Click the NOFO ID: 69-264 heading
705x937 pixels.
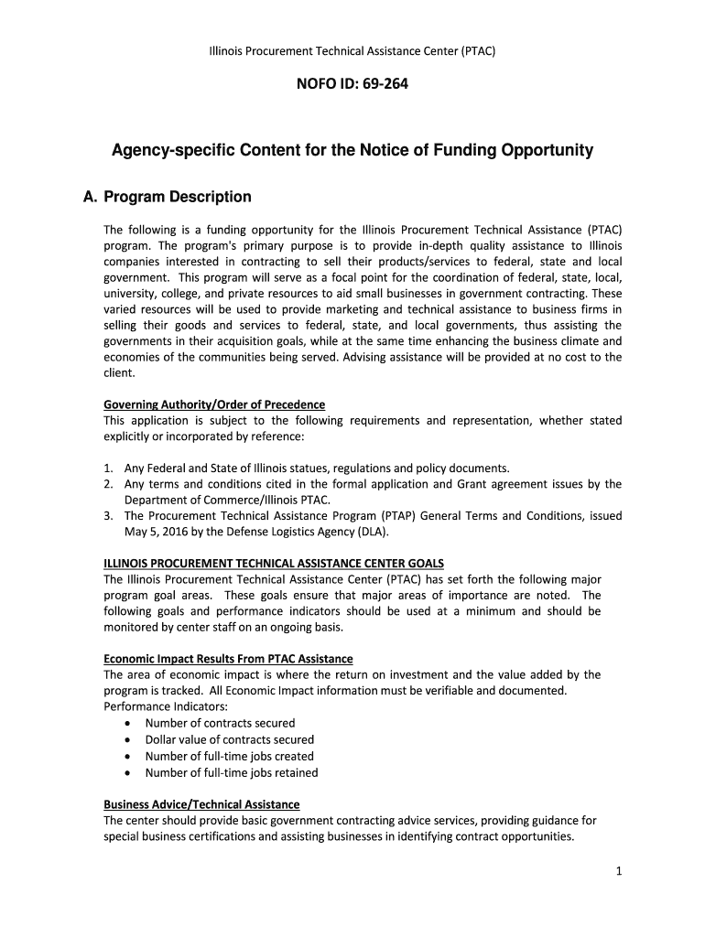[x=352, y=86]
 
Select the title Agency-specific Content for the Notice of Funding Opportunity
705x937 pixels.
[x=352, y=150]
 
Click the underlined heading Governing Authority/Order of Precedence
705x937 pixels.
[x=214, y=404]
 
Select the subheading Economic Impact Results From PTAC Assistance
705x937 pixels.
[x=228, y=659]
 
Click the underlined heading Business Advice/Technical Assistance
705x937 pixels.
[x=201, y=804]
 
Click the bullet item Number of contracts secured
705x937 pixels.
[x=220, y=723]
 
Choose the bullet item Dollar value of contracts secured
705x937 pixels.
[x=229, y=739]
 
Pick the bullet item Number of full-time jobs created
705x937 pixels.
[x=229, y=756]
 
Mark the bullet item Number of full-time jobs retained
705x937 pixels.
[x=232, y=772]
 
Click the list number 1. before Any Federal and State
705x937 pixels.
[x=108, y=468]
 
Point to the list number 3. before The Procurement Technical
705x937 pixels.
[x=108, y=515]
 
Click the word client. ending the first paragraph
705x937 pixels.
[x=119, y=373]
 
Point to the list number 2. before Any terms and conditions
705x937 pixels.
[x=108, y=484]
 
